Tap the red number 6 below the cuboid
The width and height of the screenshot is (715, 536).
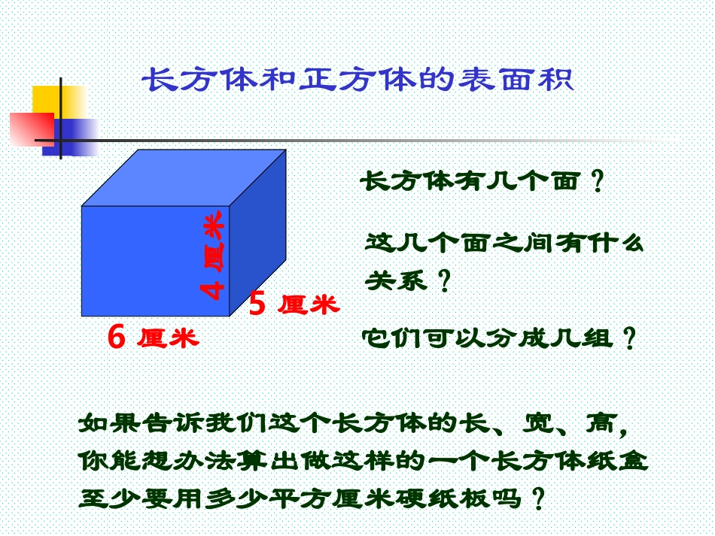pyautogui.click(x=116, y=338)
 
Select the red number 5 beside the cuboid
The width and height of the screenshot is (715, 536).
pyautogui.click(x=257, y=304)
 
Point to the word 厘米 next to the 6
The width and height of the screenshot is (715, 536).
pyautogui.click(x=168, y=338)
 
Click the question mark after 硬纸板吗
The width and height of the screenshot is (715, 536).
pyautogui.click(x=537, y=499)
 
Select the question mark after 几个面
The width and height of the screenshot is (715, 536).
pyautogui.click(x=598, y=183)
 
